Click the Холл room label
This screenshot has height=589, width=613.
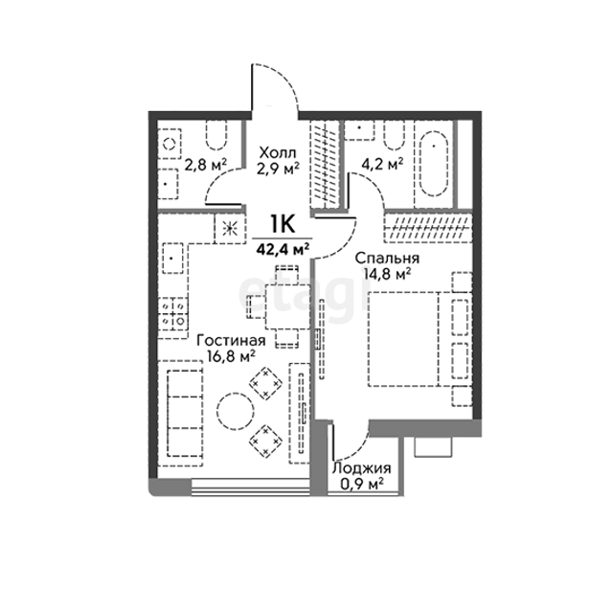pyautogui.click(x=278, y=153)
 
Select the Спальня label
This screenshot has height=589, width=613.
pyautogui.click(x=387, y=259)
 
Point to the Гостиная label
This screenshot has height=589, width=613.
pyautogui.click(x=231, y=340)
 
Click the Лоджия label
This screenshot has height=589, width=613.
pyautogui.click(x=362, y=467)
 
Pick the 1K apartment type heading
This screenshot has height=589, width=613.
pyautogui.click(x=283, y=224)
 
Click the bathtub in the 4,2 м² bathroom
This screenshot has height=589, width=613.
pyautogui.click(x=434, y=164)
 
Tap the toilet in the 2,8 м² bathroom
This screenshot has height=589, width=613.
pyautogui.click(x=216, y=135)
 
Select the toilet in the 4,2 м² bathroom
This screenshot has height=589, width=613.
pyautogui.click(x=394, y=135)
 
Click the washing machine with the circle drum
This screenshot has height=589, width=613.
pyautogui.click(x=170, y=144)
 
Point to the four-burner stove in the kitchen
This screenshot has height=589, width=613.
pyautogui.click(x=173, y=311)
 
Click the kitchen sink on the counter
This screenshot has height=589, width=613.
pyautogui.click(x=172, y=258)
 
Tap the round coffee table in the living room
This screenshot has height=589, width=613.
pyautogui.click(x=236, y=411)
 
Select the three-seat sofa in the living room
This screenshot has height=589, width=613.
pyautogui.click(x=181, y=413)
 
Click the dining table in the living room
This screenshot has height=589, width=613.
pyautogui.click(x=287, y=306)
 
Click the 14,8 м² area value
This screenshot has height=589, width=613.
pyautogui.click(x=387, y=274)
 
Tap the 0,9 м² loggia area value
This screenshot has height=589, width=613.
pyautogui.click(x=362, y=484)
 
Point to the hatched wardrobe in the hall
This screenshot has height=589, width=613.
pyautogui.click(x=325, y=165)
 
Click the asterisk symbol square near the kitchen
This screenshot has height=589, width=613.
pyautogui.click(x=230, y=229)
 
